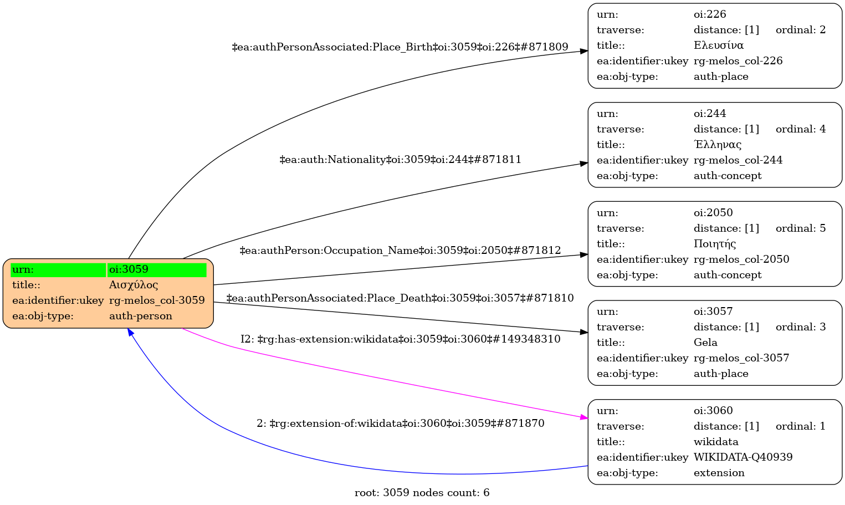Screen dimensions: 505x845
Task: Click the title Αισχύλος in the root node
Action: (134, 285)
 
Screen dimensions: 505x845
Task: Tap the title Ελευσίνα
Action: (718, 45)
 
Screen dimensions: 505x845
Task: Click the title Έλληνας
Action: (717, 145)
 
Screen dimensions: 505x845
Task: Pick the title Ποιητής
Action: (715, 244)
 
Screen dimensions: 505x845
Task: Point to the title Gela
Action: (705, 343)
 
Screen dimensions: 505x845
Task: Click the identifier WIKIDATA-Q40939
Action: (742, 457)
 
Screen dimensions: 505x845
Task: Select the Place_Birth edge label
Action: (400, 47)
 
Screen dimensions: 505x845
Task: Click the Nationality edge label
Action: (400, 160)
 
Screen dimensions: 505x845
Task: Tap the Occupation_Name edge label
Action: (400, 251)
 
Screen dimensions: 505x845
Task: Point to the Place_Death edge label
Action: (400, 298)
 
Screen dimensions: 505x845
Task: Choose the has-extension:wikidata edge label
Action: (400, 339)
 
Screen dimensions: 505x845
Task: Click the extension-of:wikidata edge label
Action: (400, 424)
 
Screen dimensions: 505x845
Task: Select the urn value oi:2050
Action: (713, 213)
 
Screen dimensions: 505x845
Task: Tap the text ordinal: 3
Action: (800, 327)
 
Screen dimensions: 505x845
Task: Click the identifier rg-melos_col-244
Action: (738, 160)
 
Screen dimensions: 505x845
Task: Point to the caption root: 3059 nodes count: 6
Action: (422, 493)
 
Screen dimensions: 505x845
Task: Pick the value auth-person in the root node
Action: (140, 316)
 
